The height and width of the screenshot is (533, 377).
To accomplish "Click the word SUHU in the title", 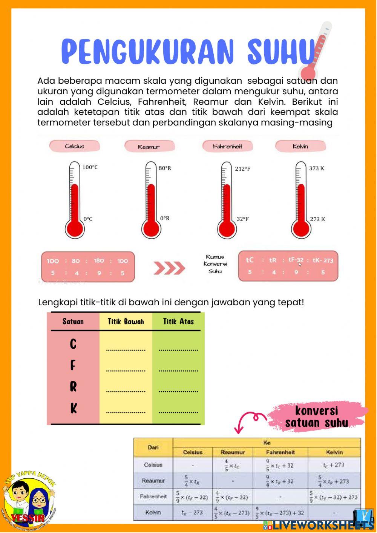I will tap(281, 52).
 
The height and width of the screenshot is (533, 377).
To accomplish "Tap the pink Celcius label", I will tap(75, 146).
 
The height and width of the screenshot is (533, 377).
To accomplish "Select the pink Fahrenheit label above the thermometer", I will tap(227, 146).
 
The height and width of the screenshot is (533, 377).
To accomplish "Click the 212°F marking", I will tap(242, 169).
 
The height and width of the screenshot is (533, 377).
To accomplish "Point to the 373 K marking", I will tap(316, 168).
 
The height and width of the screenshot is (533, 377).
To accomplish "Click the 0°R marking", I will tap(165, 218).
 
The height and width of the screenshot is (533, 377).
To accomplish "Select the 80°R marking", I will tap(165, 168).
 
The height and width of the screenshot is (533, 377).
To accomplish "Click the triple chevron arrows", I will tap(169, 268).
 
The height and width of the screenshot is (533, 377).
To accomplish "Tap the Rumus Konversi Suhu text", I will tap(215, 264).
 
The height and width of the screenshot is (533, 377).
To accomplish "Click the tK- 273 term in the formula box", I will tap(323, 260).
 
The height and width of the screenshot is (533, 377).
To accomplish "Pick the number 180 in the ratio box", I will tap(99, 261).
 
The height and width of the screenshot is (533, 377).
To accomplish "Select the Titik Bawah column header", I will tap(126, 322).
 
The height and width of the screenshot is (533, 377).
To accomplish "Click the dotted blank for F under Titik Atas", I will tap(178, 371).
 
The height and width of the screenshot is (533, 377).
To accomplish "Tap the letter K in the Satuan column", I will tap(74, 408).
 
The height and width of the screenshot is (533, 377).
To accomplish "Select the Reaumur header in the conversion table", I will tap(233, 452).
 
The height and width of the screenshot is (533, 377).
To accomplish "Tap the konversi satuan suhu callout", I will tap(316, 417).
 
